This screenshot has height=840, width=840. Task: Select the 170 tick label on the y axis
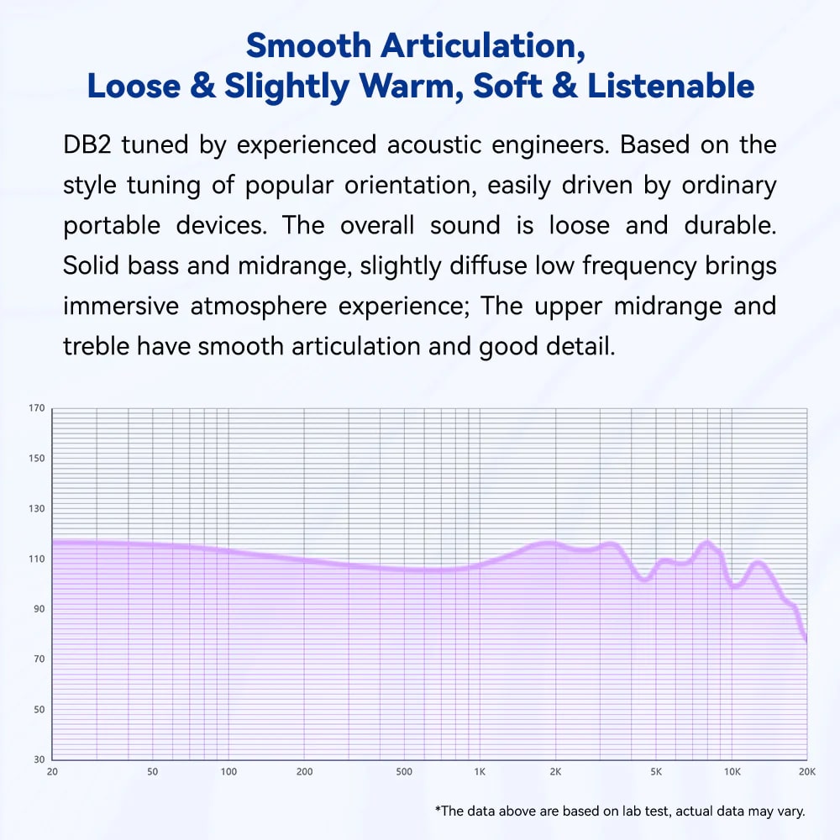[36, 409]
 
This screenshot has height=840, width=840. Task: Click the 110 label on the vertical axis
[36, 559]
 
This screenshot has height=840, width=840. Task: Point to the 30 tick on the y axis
[39, 759]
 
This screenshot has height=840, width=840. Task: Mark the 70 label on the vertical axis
[39, 659]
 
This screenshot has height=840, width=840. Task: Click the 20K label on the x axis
[806, 772]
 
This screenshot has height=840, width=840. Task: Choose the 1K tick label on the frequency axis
[479, 772]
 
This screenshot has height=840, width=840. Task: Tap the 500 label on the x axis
[403, 772]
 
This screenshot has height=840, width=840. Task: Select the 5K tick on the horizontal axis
[655, 772]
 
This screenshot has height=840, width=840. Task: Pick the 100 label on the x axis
[228, 772]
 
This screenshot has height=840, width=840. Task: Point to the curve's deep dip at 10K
[736, 586]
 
